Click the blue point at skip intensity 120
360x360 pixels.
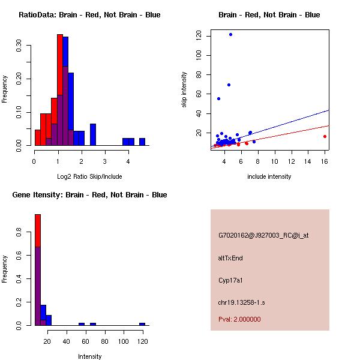[230, 34]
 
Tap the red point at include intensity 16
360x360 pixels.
[325, 136]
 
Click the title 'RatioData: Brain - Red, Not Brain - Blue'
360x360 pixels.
[89, 15]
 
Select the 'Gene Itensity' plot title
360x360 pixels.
[89, 195]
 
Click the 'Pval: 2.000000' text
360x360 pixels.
[239, 319]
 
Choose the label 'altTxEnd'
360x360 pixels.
[230, 259]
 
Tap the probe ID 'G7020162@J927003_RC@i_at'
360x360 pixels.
[263, 236]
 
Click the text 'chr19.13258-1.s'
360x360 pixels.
[242, 302]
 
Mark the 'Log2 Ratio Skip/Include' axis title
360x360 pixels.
[90, 176]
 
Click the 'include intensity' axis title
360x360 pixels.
[269, 176]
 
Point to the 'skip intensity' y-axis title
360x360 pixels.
[185, 90]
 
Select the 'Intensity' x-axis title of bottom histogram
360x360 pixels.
[90, 356]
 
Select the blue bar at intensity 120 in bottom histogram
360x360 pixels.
[142, 324]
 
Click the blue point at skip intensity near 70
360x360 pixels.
[229, 85]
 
